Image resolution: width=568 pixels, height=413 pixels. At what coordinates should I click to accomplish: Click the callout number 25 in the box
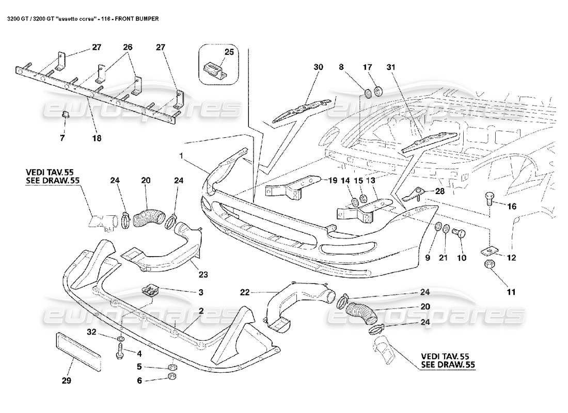click(229, 53)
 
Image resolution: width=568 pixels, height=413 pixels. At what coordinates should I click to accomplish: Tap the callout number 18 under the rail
click(97, 138)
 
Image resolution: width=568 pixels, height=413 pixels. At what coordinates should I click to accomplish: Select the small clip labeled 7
click(66, 115)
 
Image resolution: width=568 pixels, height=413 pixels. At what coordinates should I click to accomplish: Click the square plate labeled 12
click(488, 250)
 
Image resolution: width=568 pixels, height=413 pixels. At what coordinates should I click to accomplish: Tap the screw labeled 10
click(458, 233)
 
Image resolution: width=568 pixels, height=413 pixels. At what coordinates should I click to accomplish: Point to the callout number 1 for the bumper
click(181, 155)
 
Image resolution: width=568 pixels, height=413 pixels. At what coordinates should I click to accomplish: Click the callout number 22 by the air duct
click(245, 292)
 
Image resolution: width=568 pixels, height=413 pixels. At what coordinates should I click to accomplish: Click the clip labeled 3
click(150, 291)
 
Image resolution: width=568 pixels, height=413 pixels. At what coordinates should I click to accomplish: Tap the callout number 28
click(440, 192)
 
